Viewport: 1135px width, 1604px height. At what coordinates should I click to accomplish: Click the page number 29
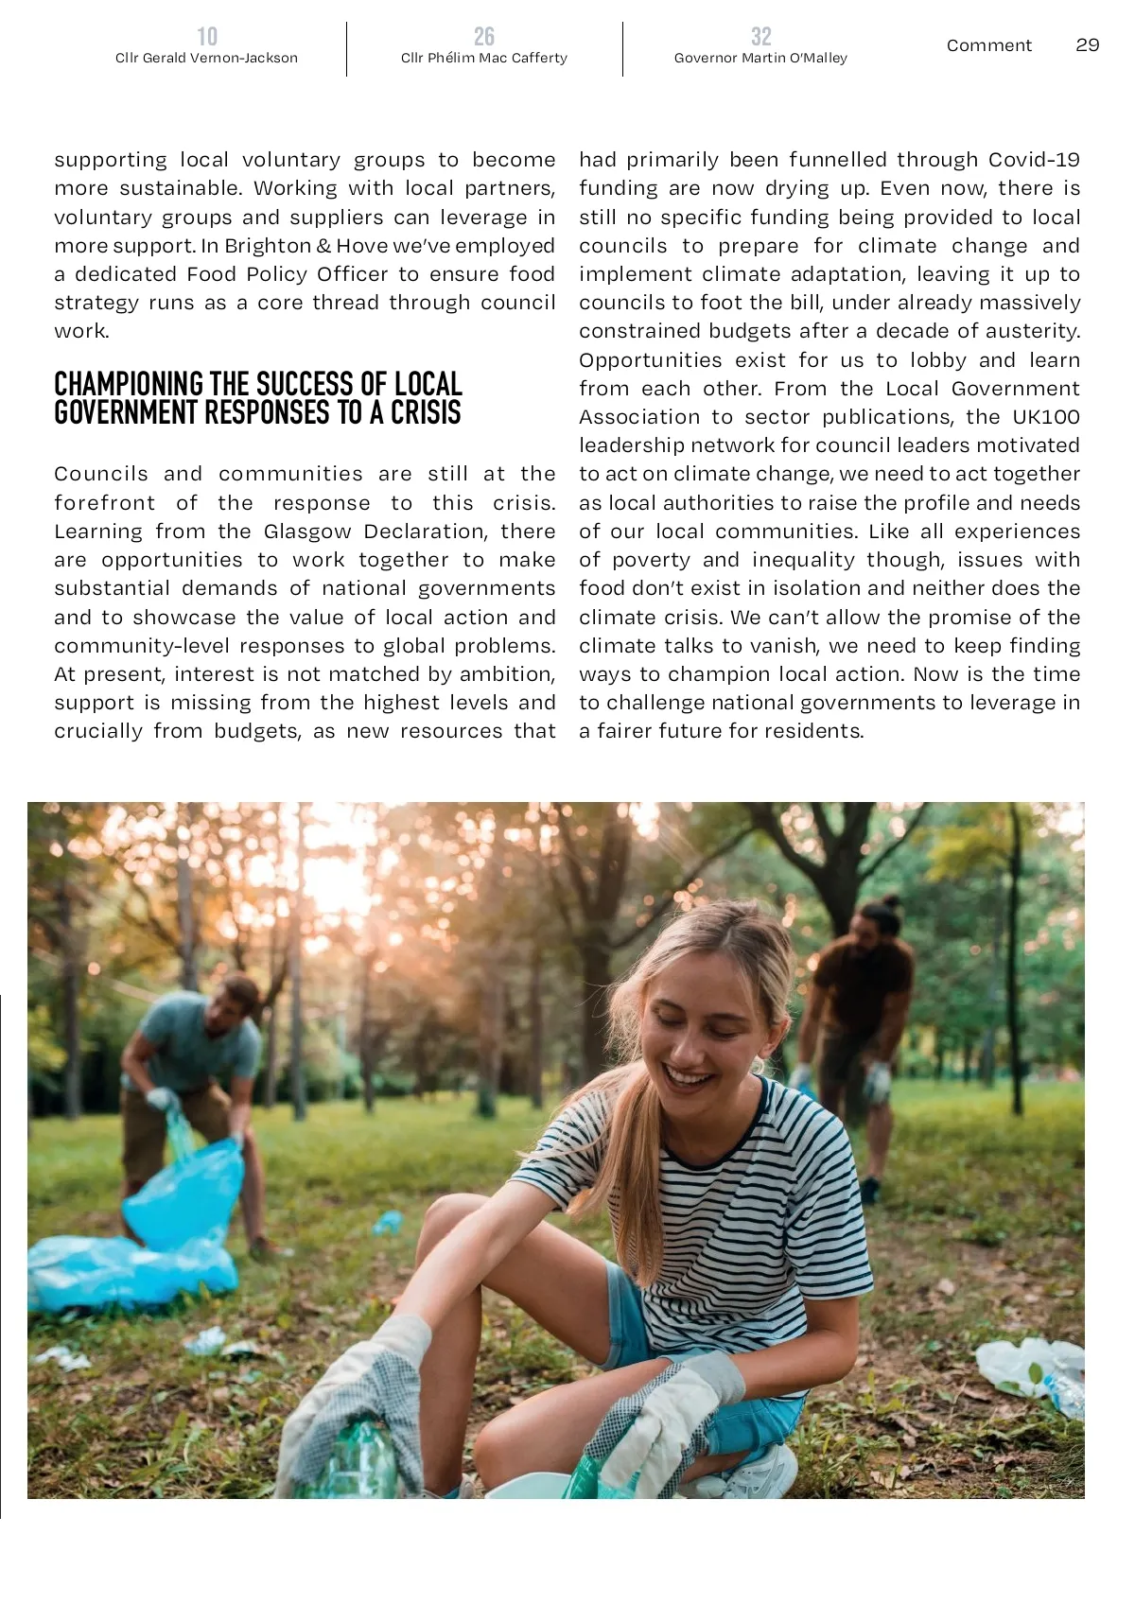[1087, 45]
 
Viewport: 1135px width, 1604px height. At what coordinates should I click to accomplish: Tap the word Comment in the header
[988, 45]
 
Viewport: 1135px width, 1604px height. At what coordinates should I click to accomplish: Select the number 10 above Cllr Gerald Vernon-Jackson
[207, 37]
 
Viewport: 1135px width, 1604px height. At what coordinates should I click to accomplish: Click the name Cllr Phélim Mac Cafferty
[483, 59]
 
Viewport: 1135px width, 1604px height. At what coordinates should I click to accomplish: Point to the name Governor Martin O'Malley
[760, 59]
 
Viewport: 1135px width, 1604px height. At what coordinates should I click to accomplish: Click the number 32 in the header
[760, 37]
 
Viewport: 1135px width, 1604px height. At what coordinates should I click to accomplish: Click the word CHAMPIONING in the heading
[129, 385]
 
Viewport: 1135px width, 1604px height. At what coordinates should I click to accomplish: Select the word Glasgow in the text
[307, 532]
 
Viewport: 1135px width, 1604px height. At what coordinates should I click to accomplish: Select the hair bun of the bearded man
[889, 903]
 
